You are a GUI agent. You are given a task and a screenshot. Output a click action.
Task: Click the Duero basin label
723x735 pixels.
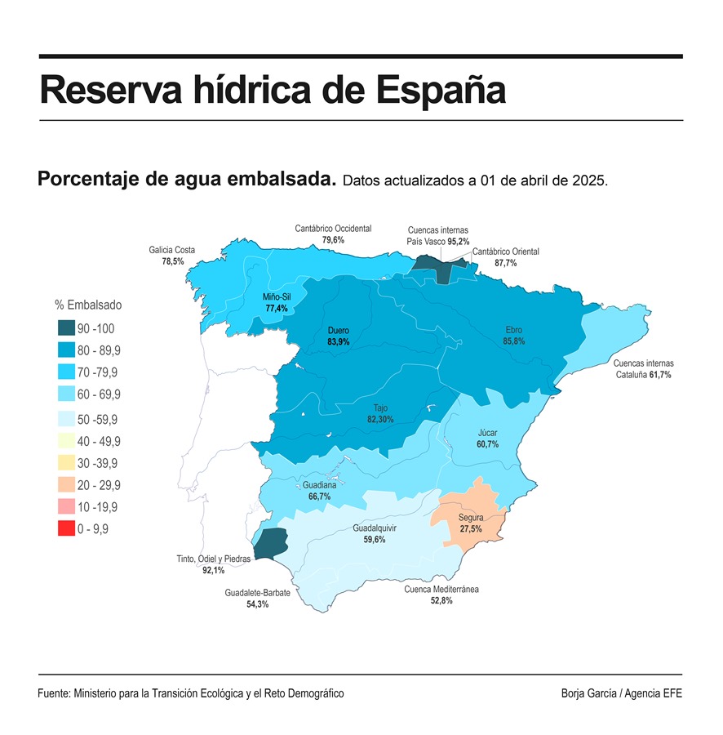click(338, 331)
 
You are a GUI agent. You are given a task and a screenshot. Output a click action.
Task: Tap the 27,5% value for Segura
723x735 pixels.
click(471, 529)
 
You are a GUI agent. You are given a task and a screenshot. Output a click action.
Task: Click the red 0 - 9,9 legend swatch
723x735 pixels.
click(66, 528)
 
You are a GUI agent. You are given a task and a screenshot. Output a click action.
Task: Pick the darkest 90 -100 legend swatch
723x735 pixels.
click(66, 328)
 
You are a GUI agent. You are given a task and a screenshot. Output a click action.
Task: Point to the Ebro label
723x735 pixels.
click(514, 330)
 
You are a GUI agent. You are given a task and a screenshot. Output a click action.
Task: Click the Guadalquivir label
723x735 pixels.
click(375, 528)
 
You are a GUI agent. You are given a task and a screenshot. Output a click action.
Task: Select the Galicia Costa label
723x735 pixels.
click(172, 250)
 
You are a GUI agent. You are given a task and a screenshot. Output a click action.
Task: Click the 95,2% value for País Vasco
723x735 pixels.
click(458, 242)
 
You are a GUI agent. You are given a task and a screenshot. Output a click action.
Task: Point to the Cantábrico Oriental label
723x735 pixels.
click(506, 252)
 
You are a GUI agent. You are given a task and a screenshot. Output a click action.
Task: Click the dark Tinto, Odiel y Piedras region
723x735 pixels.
click(271, 543)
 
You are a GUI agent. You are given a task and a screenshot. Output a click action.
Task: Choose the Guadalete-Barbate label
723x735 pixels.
click(257, 593)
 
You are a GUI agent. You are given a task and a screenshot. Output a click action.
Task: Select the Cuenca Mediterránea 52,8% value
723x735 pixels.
click(441, 600)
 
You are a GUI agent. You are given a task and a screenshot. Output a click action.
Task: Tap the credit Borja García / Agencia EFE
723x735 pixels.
click(621, 693)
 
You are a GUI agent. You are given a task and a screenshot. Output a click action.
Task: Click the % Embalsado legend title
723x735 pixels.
click(88, 305)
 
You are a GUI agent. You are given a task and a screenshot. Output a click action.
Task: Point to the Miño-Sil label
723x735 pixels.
click(277, 296)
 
